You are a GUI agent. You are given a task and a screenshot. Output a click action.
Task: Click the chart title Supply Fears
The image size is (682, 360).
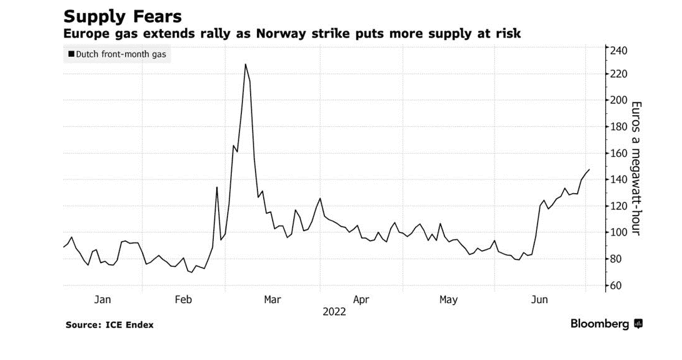[x=123, y=15]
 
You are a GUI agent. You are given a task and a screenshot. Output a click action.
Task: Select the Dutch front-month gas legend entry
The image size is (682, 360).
[x=118, y=54]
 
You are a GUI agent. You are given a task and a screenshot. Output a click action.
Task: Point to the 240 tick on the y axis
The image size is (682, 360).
[x=618, y=51]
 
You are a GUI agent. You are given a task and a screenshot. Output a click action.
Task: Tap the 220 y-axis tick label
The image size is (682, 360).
[x=618, y=74]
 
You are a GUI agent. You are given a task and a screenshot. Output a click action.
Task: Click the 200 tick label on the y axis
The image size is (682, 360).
[x=618, y=101]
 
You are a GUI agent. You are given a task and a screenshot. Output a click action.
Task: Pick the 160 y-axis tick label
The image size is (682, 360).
[x=618, y=153]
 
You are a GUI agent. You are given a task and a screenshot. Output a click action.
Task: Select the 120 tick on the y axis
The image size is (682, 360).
[x=618, y=206]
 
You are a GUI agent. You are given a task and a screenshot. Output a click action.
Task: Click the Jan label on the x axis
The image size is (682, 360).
[x=103, y=300]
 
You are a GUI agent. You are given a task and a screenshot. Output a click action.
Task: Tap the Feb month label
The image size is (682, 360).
[x=183, y=300]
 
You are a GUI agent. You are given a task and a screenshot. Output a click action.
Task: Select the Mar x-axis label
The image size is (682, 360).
[x=273, y=300]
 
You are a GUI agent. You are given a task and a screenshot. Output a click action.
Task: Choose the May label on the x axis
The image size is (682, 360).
[x=448, y=300]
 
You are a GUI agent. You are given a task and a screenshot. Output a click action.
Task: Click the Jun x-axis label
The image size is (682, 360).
[x=539, y=300]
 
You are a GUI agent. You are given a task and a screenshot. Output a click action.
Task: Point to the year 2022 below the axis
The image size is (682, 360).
[x=334, y=311]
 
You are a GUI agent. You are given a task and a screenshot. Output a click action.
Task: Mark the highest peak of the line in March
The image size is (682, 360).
[x=246, y=64]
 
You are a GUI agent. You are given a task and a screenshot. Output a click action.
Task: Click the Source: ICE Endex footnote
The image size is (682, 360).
[x=109, y=325]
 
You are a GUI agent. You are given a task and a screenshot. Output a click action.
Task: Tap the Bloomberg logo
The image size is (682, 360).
[x=605, y=324]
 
